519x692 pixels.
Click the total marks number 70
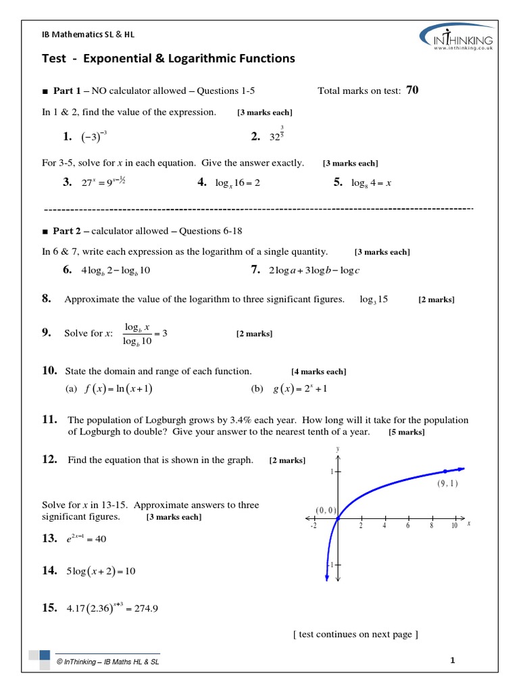tap(412, 91)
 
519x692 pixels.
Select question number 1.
tap(67, 137)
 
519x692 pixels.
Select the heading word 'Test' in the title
tap(54, 59)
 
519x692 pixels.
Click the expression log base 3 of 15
tap(374, 299)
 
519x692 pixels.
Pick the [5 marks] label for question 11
tap(407, 432)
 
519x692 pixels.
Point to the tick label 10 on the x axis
tap(454, 526)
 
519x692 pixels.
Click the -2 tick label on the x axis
tap(314, 526)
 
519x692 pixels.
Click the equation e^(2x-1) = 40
tap(86, 539)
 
